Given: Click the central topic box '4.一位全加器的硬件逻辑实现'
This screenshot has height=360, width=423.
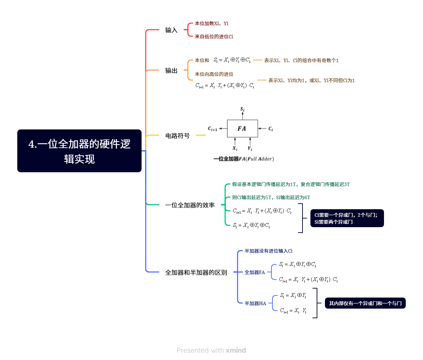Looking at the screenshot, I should (79, 151).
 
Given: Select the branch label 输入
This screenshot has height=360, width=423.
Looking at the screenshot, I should (171, 30).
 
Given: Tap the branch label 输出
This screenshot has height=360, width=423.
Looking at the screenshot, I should (171, 71).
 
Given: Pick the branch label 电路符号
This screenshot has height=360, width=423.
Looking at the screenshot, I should (177, 136).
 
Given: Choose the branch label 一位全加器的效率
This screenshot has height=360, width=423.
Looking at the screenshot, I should (190, 205).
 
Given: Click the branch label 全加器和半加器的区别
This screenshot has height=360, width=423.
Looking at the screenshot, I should (196, 273).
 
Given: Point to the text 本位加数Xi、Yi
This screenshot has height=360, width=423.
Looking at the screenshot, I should (211, 23).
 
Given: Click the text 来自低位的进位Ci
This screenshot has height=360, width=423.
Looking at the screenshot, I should (214, 37).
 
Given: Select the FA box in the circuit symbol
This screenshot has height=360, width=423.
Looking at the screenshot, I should (242, 129).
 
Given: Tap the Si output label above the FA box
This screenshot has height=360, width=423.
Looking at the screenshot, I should (242, 109).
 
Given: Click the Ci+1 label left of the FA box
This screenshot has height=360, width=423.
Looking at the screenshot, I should (212, 129).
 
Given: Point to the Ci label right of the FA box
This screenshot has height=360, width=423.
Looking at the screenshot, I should (270, 129).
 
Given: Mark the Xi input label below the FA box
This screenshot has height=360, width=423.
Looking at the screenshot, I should (235, 148).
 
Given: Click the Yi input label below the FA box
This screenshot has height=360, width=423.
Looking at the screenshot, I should (250, 148).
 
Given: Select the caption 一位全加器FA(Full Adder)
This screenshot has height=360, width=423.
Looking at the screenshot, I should (243, 159).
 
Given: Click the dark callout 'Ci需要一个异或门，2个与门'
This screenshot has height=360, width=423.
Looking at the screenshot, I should (347, 218).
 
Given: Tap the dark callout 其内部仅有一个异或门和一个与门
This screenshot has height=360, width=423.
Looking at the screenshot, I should (365, 303).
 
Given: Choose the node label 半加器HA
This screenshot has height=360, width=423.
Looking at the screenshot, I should (255, 304).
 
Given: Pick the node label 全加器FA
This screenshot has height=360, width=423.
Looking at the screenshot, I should (254, 273).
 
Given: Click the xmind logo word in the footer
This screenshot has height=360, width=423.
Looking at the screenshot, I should (236, 350).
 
